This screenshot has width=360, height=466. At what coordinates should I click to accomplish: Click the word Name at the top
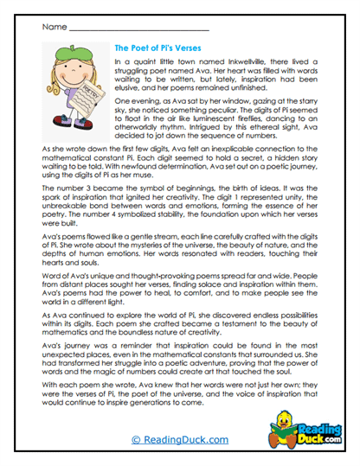[x=53, y=28]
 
